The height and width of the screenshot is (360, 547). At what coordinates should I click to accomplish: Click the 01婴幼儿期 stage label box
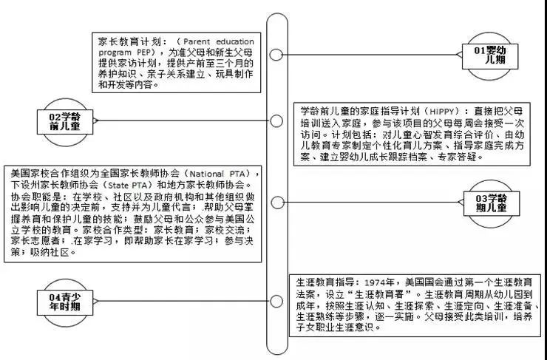(490, 56)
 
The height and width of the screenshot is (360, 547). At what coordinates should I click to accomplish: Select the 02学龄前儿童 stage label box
(65, 122)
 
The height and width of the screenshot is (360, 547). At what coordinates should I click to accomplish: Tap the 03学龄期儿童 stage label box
(491, 203)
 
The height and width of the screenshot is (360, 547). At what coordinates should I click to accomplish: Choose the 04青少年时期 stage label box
(65, 302)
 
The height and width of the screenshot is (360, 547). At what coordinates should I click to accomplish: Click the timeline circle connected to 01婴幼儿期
(276, 55)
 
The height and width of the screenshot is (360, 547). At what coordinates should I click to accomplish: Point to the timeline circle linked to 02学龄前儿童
(276, 121)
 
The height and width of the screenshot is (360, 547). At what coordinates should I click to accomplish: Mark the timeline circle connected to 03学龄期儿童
(277, 203)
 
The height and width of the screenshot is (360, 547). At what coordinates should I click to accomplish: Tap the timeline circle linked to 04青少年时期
(276, 302)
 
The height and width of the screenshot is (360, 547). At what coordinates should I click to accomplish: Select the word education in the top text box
(235, 42)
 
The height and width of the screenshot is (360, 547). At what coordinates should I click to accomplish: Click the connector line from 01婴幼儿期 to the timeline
(370, 55)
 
